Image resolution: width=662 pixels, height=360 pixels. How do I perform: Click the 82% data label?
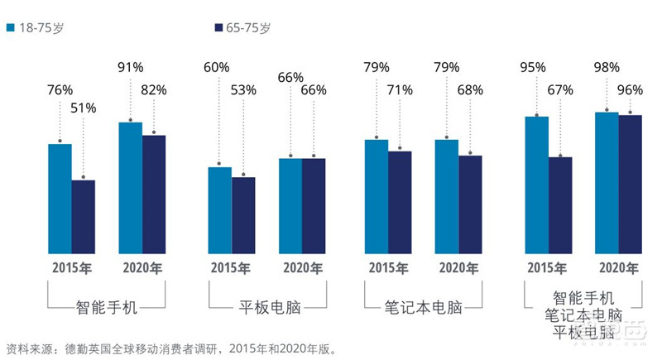(x=155, y=90)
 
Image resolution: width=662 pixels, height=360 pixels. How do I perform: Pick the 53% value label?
(x=244, y=90)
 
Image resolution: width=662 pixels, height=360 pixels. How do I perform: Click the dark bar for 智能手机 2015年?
(x=84, y=216)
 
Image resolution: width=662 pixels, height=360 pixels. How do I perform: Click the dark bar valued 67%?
(x=560, y=204)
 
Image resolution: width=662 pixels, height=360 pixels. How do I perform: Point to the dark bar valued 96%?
(x=631, y=184)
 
